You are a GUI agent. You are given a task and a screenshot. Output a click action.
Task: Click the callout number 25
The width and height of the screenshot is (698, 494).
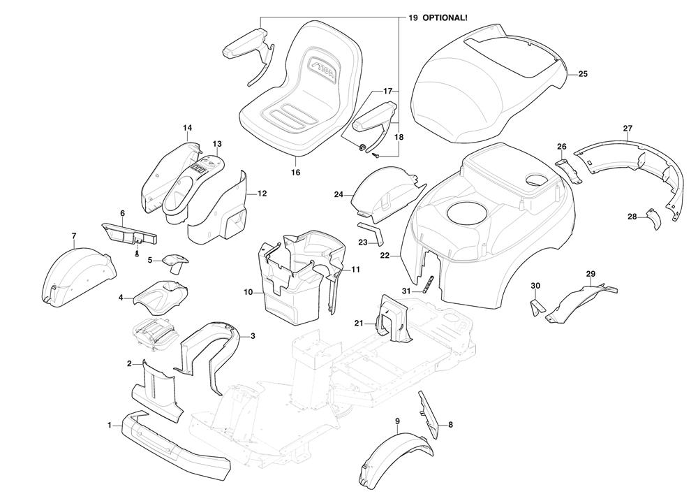584,73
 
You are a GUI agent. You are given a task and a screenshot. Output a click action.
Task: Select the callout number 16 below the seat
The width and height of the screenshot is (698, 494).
295,172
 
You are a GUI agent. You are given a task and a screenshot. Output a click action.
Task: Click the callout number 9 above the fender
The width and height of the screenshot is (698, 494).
397,421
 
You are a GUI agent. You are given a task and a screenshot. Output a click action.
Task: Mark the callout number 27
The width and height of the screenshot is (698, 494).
627,128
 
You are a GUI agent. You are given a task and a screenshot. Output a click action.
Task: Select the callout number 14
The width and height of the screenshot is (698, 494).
187,128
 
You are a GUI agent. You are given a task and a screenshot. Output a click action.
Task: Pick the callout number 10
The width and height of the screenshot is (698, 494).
248,292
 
